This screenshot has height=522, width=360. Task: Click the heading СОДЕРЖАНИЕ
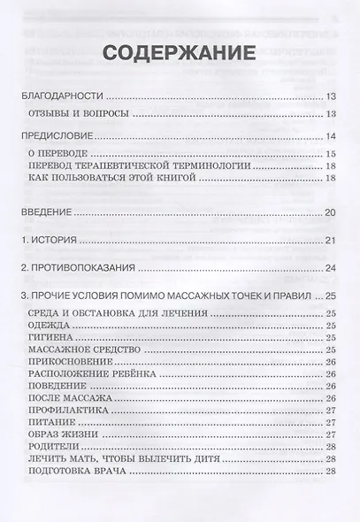180,51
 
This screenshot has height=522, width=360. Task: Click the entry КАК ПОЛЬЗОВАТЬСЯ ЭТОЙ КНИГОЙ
115,179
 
